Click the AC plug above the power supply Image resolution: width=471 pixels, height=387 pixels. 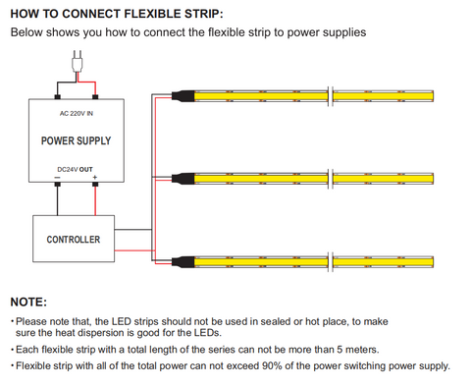click(x=78, y=62)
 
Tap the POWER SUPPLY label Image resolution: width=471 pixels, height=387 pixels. click(x=76, y=140)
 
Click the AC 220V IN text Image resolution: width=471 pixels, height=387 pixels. click(x=77, y=114)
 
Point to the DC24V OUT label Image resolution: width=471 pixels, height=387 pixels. click(x=75, y=170)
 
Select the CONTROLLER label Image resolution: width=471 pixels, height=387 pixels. click(x=74, y=240)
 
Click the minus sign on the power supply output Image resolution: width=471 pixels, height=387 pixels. click(x=57, y=178)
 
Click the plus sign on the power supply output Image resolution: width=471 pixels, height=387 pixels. click(x=95, y=178)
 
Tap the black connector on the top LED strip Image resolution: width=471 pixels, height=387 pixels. click(x=183, y=96)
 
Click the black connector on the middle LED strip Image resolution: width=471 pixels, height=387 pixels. click(x=183, y=179)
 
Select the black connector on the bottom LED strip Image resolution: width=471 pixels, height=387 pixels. click(x=183, y=261)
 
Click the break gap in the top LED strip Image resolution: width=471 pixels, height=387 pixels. click(x=331, y=96)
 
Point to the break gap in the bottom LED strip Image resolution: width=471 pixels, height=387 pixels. click(x=331, y=261)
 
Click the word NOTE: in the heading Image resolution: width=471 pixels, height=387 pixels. click(x=28, y=302)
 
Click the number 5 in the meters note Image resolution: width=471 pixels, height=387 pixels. click(x=340, y=350)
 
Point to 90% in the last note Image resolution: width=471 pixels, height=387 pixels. click(x=272, y=365)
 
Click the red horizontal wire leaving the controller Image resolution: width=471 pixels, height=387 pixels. click(x=134, y=250)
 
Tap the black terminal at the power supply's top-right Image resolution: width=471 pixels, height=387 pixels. click(x=95, y=97)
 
